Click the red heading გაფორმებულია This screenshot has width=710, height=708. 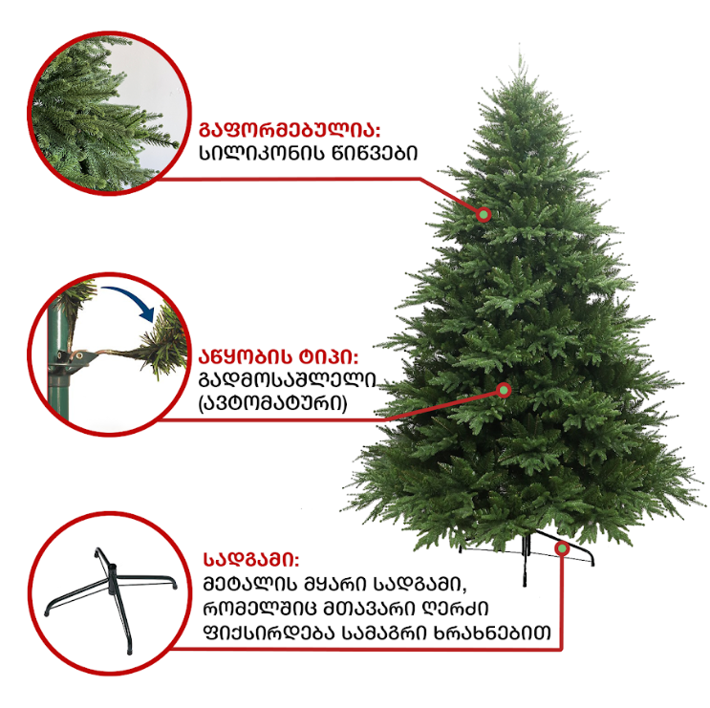click(x=290, y=130)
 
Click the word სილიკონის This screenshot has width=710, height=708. click(x=262, y=154)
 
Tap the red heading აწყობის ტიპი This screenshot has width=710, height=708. click(x=278, y=356)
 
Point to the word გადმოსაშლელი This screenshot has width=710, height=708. click(x=288, y=380)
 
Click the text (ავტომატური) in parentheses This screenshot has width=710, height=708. click(x=273, y=403)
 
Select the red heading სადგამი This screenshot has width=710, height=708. click(x=251, y=560)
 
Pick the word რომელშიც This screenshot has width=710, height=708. click(x=260, y=609)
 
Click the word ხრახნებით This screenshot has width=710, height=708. click(x=492, y=633)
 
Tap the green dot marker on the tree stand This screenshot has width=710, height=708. click(x=563, y=548)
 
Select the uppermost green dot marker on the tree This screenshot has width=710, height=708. click(x=484, y=214)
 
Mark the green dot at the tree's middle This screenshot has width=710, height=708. click(x=504, y=390)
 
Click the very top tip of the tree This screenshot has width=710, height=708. click(x=520, y=53)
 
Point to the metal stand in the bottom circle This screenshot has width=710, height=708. click(x=112, y=589)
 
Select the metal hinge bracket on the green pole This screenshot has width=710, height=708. click(x=75, y=360)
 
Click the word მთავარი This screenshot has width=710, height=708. click(x=368, y=609)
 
